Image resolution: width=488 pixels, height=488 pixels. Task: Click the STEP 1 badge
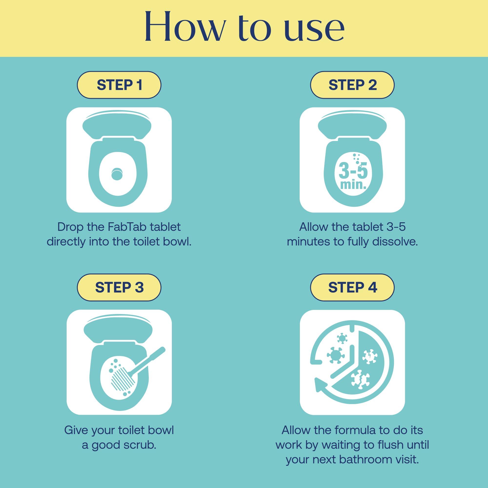[x=119, y=85]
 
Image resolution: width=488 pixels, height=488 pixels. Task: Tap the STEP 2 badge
[x=352, y=85]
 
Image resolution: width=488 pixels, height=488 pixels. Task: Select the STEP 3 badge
[x=119, y=287]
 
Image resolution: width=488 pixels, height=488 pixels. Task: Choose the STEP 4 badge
[x=352, y=287]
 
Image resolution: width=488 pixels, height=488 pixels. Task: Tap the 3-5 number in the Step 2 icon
[x=353, y=171]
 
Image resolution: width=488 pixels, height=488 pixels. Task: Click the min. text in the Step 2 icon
[x=353, y=185]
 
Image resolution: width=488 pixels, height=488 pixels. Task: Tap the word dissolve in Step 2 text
[x=395, y=242]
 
